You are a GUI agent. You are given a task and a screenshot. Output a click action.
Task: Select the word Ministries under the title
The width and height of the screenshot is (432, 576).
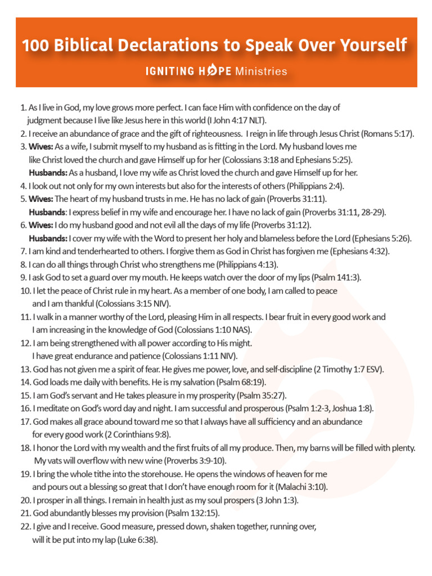pos(262,71)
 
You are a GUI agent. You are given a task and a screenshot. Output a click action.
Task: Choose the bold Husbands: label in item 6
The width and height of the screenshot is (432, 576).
pos(48,238)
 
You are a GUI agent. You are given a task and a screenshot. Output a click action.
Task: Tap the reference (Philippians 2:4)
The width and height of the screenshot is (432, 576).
pos(315,186)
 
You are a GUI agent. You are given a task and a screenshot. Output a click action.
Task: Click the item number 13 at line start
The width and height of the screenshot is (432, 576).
pos(25,370)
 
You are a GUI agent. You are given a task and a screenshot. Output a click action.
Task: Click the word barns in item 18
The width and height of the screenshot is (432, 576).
pos(330,448)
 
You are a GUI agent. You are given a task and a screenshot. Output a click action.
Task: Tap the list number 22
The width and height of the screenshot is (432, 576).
pos(25,527)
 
